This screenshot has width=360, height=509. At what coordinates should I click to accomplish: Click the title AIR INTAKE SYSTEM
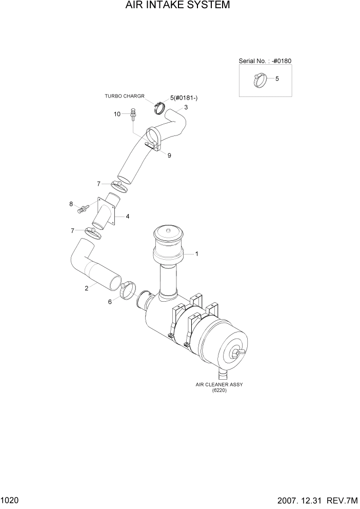177,6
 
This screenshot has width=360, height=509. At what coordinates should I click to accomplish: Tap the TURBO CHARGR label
125,96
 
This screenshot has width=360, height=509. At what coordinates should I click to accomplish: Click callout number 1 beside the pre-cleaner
196,253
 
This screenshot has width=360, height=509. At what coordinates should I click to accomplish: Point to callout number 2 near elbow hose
86,288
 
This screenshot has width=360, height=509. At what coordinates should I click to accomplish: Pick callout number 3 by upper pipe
186,107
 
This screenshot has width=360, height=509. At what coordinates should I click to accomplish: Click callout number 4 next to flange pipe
127,216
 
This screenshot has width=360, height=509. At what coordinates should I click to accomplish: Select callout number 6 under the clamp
110,302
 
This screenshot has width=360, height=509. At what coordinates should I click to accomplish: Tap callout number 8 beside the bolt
71,204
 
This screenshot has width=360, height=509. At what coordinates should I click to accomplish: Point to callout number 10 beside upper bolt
117,114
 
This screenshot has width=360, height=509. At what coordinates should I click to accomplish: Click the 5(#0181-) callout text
184,97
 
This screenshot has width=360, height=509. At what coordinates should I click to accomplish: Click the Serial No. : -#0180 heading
265,61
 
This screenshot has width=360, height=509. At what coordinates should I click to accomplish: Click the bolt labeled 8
83,208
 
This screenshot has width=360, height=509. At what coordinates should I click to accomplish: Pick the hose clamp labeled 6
128,289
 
